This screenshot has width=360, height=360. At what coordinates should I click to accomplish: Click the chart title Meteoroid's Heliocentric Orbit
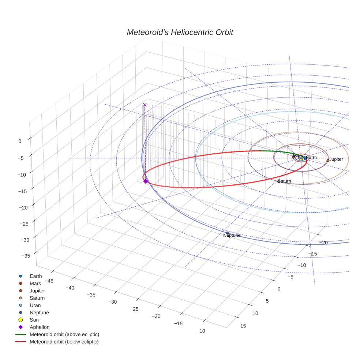tap(180, 32)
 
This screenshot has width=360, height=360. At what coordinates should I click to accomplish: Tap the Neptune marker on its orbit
tap(227, 233)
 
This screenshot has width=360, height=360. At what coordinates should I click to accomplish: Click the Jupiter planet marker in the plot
tap(328, 160)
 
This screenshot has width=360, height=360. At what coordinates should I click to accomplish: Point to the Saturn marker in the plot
tap(279, 181)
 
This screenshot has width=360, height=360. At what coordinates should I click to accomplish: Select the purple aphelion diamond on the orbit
tap(145, 181)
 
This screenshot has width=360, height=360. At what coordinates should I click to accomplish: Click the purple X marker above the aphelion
tap(145, 105)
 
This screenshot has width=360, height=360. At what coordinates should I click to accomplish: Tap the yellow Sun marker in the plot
tap(301, 158)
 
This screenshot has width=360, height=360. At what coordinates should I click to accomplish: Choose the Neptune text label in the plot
tap(232, 236)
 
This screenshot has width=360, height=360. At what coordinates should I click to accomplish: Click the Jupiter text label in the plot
tap(336, 160)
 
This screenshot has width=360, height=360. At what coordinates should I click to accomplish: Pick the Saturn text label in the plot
tap(285, 181)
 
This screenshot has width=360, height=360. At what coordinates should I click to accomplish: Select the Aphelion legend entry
tap(40, 327)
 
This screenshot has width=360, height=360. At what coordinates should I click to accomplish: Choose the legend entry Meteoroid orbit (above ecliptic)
tap(64, 334)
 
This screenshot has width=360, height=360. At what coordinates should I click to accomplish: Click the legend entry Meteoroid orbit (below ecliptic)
tap(64, 342)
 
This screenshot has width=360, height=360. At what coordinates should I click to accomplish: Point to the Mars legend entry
tap(35, 283)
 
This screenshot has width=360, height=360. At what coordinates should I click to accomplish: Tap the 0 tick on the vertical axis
tap(20, 141)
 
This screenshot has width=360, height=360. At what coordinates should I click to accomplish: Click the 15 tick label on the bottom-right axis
tap(243, 326)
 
